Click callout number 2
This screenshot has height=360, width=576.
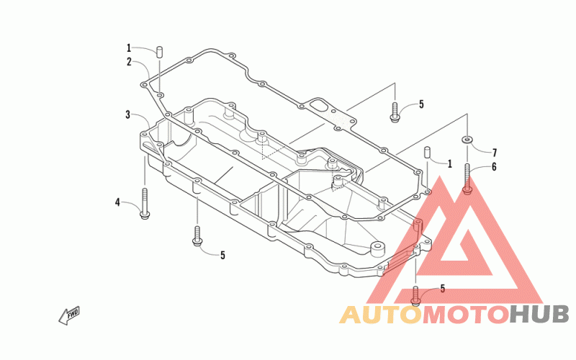129,62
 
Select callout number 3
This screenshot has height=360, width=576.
127,114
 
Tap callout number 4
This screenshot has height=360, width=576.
117,202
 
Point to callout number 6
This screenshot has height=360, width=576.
494,167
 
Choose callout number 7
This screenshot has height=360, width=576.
495,152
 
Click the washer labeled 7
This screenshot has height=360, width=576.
467,138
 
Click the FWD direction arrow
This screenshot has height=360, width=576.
69,315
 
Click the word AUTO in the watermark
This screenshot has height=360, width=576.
379,315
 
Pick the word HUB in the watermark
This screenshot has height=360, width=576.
539,315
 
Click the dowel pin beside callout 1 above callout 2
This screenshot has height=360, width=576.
160,52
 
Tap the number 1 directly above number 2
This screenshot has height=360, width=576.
129,48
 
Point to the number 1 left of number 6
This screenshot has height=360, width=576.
449,163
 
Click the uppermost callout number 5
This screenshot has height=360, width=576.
421,104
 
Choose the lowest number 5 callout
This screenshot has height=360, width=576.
442,289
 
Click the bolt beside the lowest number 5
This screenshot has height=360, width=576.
415,292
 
